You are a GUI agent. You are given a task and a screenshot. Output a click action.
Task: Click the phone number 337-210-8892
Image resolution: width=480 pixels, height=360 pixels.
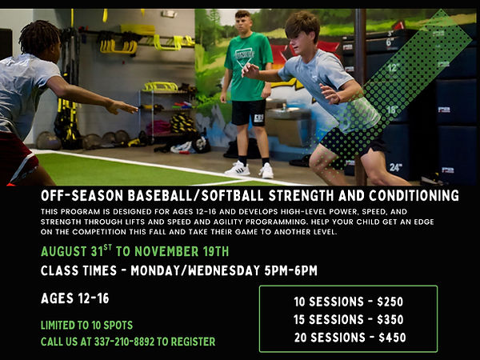pyautogui.click(x=124, y=342)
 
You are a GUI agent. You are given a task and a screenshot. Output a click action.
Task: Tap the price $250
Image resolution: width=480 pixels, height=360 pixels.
pyautogui.click(x=390, y=302)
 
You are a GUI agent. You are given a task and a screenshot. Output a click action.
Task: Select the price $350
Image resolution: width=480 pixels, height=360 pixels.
pyautogui.click(x=390, y=319)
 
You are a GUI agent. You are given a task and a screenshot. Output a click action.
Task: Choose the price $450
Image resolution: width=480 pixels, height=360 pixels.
pyautogui.click(x=392, y=338)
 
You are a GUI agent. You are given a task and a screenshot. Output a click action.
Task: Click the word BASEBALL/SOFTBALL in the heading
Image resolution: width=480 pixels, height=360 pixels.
pyautogui.click(x=195, y=196)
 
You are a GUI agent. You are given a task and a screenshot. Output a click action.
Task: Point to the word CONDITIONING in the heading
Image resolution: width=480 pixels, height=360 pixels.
pyautogui.click(x=414, y=196)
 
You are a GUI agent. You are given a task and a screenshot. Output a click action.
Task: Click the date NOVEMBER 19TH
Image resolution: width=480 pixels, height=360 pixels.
pyautogui.click(x=182, y=252)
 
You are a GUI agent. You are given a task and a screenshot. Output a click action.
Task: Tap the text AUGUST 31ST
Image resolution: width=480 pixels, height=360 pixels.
pyautogui.click(x=76, y=251)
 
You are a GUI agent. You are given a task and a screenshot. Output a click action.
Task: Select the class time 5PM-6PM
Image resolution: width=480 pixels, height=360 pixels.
pyautogui.click(x=291, y=271)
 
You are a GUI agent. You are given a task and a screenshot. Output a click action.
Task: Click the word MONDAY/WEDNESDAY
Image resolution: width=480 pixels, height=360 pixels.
pyautogui.click(x=195, y=271)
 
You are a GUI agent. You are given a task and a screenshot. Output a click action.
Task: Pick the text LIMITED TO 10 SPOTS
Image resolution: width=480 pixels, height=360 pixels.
pyautogui.click(x=86, y=325)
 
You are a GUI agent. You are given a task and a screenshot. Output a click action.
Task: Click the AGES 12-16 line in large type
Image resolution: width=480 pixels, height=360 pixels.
pyautogui.click(x=75, y=298)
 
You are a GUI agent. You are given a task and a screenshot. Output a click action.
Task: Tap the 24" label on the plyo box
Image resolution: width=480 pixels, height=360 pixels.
pyautogui.click(x=395, y=167)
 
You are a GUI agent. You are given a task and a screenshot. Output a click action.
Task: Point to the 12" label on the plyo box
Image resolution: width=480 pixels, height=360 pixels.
pyautogui.click(x=394, y=67)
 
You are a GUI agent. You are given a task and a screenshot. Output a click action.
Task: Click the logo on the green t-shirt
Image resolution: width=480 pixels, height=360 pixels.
pyautogui.click(x=244, y=57)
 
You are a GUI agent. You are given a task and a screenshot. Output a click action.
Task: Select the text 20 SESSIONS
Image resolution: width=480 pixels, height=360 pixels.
pyautogui.click(x=330, y=338)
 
